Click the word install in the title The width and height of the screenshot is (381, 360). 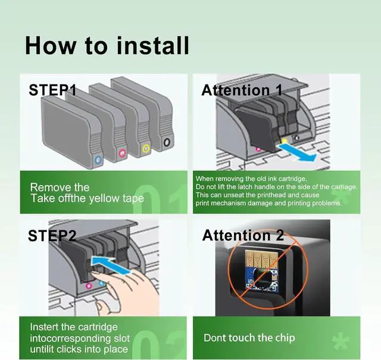[x=153, y=46]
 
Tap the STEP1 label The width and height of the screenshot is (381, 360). [x=52, y=90]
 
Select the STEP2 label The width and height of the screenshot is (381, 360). [x=52, y=236]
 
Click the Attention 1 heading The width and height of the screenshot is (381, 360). [x=242, y=90]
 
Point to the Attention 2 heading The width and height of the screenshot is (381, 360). [x=243, y=235]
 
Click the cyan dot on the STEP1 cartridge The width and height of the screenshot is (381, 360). [x=98, y=160]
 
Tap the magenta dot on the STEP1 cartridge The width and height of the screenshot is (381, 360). [x=122, y=153]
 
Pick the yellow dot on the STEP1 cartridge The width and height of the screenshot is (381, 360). [x=146, y=148]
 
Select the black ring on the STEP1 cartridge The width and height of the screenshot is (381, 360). [x=167, y=142]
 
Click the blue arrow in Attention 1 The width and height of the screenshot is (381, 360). [x=298, y=152]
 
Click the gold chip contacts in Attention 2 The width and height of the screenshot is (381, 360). [x=261, y=259]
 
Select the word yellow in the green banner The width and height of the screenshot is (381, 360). [x=104, y=199]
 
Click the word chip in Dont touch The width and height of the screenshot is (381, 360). [x=285, y=338]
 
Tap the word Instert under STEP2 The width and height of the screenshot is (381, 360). [x=45, y=327]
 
